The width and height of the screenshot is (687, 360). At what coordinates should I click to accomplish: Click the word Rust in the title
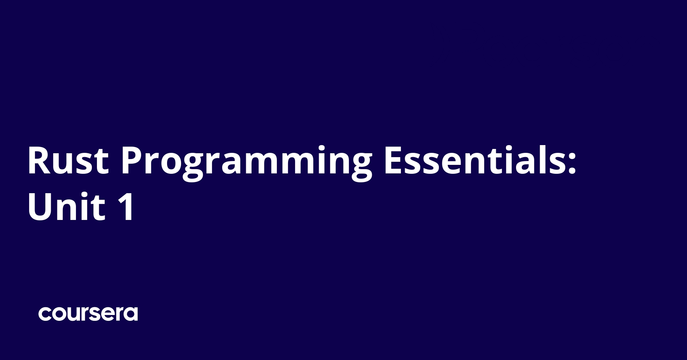(68, 161)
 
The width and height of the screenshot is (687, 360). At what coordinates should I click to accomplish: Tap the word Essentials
(475, 161)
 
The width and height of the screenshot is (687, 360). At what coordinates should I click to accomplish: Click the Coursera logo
(88, 314)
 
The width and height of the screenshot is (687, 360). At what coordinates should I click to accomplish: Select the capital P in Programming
(132, 161)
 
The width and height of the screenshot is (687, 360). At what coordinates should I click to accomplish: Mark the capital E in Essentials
(394, 161)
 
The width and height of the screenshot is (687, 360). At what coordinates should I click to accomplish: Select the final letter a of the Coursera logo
(131, 314)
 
